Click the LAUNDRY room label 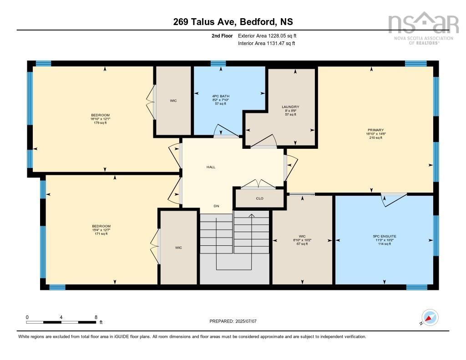[x=290, y=107]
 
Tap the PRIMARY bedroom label [x=375, y=130]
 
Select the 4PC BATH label [x=221, y=96]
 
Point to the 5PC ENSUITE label [x=384, y=236]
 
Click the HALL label [x=211, y=167]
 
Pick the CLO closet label [x=259, y=198]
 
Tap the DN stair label [x=217, y=206]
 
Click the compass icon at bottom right [x=430, y=317]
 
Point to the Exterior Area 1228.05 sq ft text [x=267, y=35]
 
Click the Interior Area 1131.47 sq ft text [x=266, y=43]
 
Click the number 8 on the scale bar [x=96, y=317]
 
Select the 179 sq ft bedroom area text [x=100, y=123]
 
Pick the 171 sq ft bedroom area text [x=101, y=234]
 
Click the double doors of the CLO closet [x=258, y=184]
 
